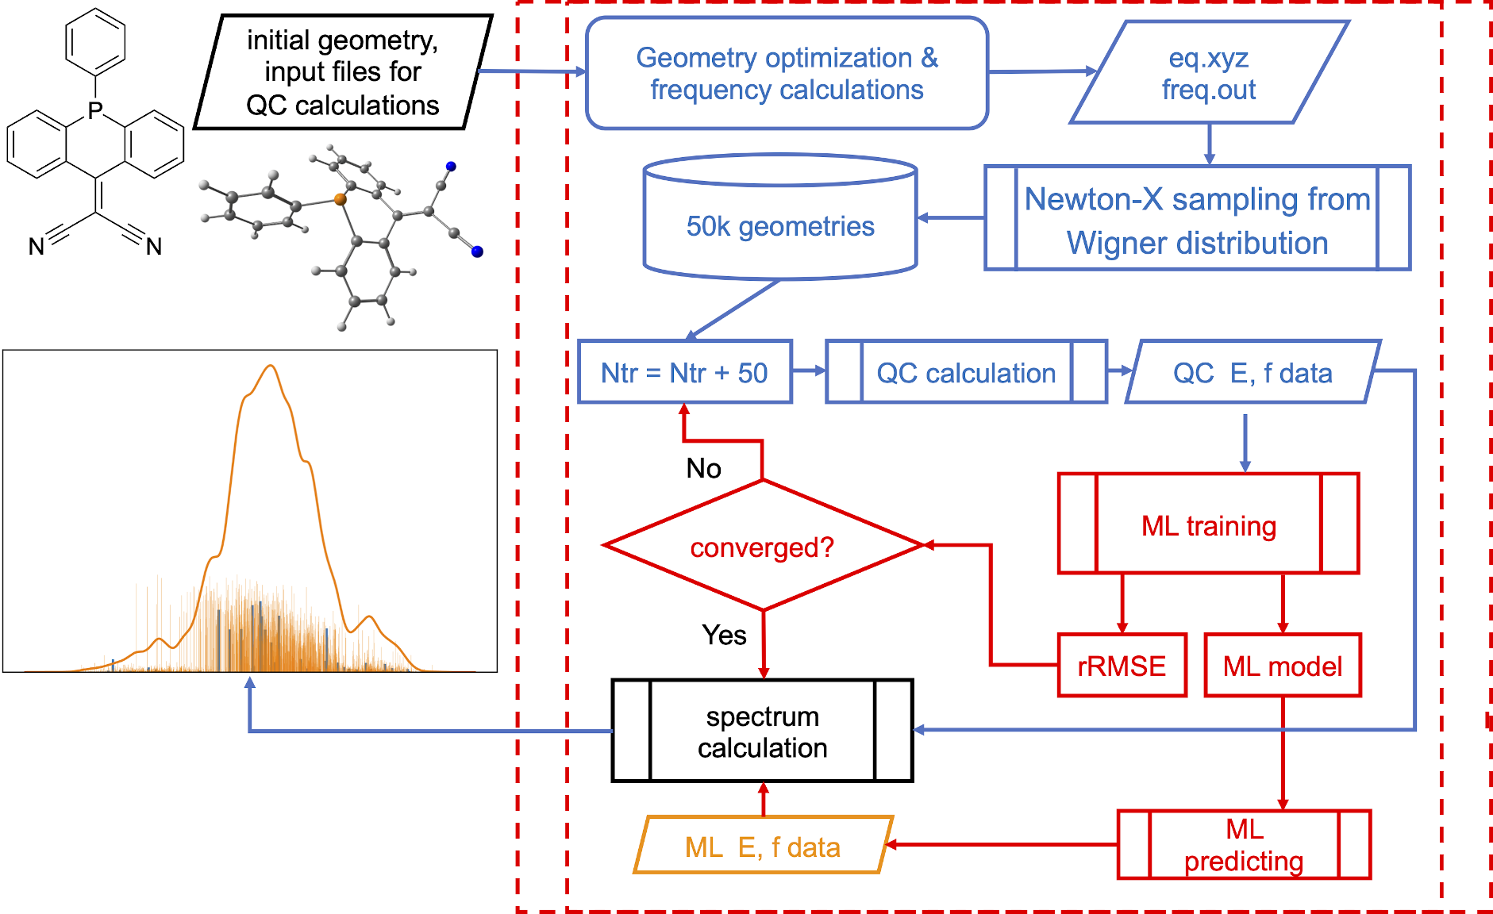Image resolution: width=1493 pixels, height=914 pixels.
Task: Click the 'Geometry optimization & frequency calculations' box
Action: [787, 73]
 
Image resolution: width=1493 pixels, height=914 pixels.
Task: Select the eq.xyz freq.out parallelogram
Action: [1209, 73]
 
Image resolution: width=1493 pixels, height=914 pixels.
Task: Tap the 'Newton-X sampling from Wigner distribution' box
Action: [1197, 219]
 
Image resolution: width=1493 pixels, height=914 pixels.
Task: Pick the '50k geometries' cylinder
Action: [780, 226]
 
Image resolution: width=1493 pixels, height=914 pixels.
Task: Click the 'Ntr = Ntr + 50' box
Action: [684, 372]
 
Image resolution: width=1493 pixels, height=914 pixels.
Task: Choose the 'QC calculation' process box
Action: [966, 372]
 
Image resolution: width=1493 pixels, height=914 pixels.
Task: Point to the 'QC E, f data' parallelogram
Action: [1253, 372]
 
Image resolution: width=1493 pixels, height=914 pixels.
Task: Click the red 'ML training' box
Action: [1208, 524]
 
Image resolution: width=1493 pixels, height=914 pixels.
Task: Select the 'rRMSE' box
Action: [1122, 666]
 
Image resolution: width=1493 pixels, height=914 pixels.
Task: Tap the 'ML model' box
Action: [1282, 666]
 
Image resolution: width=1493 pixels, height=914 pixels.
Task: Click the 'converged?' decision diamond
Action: [762, 547]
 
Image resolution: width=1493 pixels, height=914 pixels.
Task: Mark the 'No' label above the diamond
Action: [703, 468]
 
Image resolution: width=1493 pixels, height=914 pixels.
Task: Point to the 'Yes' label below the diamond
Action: [724, 635]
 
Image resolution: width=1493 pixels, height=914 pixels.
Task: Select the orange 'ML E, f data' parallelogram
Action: [763, 847]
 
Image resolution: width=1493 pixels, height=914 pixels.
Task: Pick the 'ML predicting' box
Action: [1244, 845]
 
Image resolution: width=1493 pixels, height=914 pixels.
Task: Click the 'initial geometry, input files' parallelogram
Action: [342, 72]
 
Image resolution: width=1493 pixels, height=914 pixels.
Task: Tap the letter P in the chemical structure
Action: [95, 110]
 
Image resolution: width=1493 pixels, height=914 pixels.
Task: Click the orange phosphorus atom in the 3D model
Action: [341, 199]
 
